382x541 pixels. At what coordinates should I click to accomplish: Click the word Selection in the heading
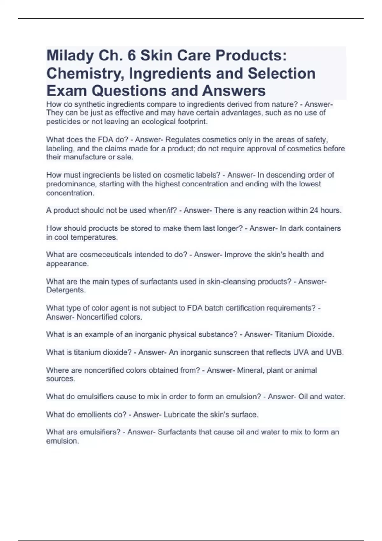click(281, 73)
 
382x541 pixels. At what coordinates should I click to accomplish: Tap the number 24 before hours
click(314, 210)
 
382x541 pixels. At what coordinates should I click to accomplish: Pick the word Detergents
click(66, 290)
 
